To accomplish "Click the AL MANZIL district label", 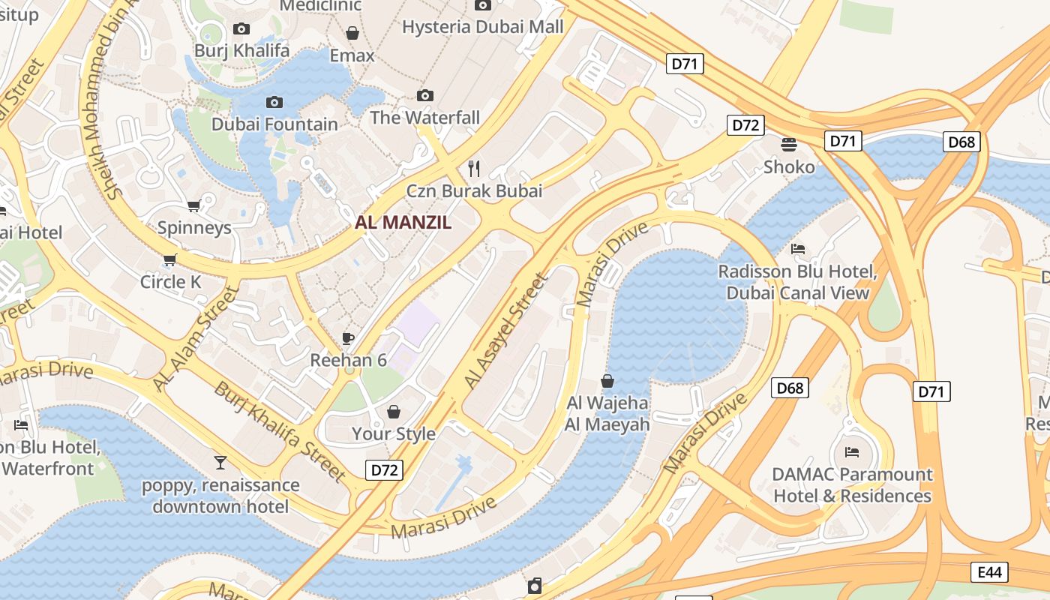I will [x=403, y=222].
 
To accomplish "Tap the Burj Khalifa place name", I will [x=241, y=50].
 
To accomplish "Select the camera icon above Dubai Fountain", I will [x=274, y=102].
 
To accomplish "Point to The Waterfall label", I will [x=424, y=118].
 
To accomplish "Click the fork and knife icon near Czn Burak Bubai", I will [x=473, y=167].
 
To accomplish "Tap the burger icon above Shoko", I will [x=788, y=144].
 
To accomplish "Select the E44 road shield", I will [x=990, y=572].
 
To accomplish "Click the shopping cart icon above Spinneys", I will [x=194, y=205].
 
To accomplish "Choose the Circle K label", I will [x=171, y=282].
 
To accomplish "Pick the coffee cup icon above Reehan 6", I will [x=348, y=338].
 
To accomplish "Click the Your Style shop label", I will [x=394, y=433].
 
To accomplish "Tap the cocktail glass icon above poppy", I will [x=220, y=462].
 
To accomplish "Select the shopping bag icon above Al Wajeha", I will [x=607, y=381].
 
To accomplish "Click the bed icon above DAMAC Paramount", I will [x=852, y=451].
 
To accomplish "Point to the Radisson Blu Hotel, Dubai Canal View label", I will [x=797, y=282].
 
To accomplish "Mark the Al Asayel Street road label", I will [x=507, y=331].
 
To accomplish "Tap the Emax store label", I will [x=352, y=55].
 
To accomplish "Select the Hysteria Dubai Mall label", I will [x=482, y=27].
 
